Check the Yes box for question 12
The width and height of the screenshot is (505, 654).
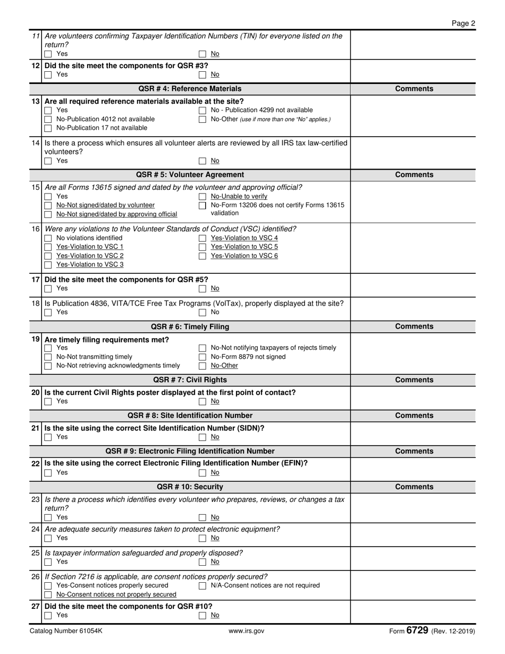point(48,75)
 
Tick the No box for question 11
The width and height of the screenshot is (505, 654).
point(203,54)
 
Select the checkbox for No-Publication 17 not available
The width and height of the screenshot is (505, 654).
point(48,128)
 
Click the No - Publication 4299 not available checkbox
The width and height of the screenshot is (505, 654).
point(203,111)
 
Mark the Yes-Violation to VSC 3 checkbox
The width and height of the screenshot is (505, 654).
point(48,265)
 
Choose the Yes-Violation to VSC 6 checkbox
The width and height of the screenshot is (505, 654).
point(203,256)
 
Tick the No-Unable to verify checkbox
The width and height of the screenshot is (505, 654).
point(203,197)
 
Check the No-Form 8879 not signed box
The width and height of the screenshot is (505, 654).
point(203,357)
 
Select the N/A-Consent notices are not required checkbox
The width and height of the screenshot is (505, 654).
point(203,586)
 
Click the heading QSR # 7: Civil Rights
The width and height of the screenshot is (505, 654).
point(190,380)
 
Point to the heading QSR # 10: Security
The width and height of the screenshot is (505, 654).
point(190,487)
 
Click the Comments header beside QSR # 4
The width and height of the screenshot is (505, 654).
point(414,89)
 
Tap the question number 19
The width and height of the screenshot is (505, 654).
point(36,340)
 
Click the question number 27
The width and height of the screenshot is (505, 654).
point(36,606)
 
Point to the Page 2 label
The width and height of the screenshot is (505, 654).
point(463,23)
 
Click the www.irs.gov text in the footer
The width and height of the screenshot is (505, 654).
point(246,631)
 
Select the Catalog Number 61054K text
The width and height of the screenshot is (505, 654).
point(66,631)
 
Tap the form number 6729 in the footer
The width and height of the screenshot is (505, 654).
point(417,631)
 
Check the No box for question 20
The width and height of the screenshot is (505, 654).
point(203,401)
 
